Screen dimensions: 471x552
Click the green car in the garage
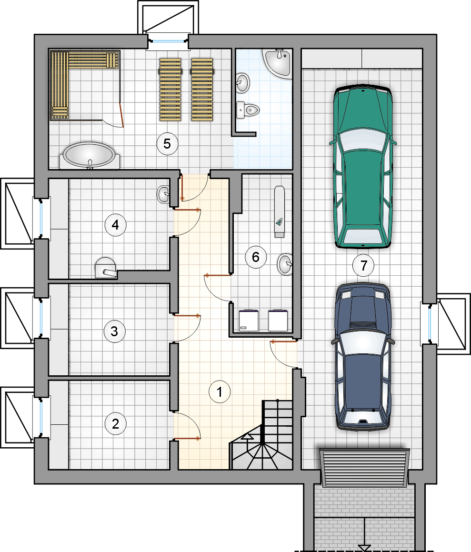click(x=362, y=166)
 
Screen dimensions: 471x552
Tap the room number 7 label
click(x=364, y=265)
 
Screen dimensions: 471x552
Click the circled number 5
click(x=167, y=143)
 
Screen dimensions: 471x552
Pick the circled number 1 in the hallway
click(x=220, y=391)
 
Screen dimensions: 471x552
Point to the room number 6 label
click(x=256, y=257)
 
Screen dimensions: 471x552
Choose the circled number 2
click(x=115, y=423)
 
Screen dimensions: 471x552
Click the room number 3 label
click(x=114, y=331)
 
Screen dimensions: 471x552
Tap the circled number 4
click(x=115, y=225)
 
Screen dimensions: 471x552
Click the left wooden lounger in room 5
click(x=170, y=90)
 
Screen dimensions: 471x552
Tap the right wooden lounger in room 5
click(x=202, y=90)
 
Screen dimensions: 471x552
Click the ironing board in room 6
click(x=280, y=211)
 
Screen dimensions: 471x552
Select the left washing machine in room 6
click(x=249, y=321)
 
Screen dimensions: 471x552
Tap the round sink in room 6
click(x=285, y=264)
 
